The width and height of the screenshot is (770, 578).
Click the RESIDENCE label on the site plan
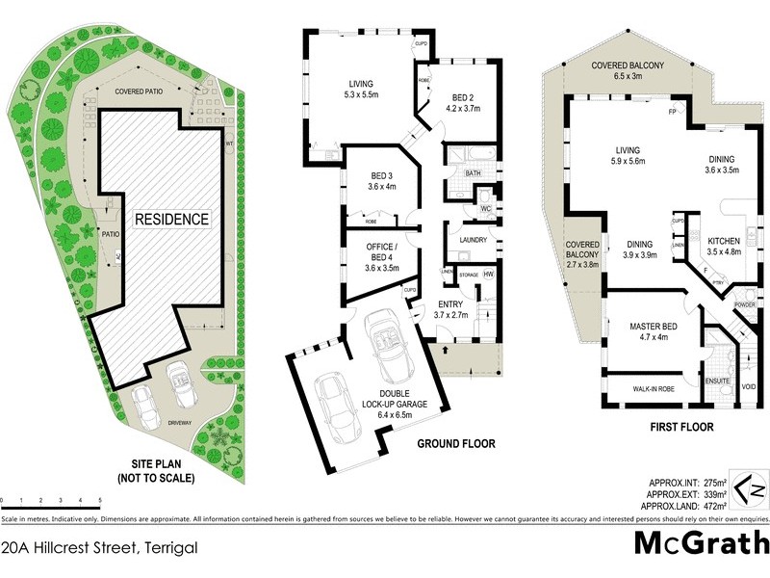coord(171,219)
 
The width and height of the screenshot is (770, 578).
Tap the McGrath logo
coord(702,542)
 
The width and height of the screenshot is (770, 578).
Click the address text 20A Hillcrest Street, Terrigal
coord(99,547)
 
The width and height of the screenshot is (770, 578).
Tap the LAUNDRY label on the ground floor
coord(474,240)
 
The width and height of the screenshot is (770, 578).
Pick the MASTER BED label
coord(652,330)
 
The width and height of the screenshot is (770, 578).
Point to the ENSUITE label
coord(718,382)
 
